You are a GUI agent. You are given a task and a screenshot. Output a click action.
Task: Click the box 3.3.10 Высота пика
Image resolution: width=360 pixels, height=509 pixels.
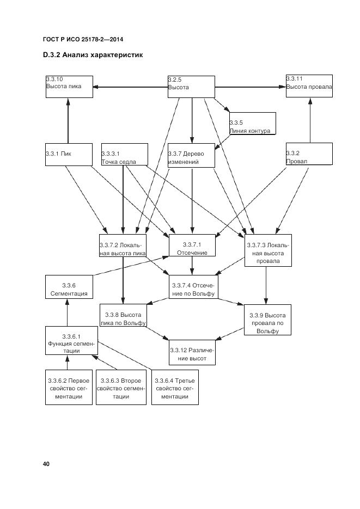pos(69,86)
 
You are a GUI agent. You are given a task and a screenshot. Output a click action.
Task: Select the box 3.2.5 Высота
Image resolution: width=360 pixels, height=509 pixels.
pos(191,86)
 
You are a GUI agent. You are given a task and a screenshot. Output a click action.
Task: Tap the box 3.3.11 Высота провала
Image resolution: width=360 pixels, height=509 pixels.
pos(309,86)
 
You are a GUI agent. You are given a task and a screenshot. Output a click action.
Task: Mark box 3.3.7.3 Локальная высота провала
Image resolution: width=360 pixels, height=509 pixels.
pos(267,250)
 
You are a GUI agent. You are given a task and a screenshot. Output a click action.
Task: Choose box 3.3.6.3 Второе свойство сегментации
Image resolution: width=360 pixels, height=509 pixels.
pos(121,387)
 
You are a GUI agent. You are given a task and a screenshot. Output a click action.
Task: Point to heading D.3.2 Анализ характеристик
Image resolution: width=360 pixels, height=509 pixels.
pos(92,56)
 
